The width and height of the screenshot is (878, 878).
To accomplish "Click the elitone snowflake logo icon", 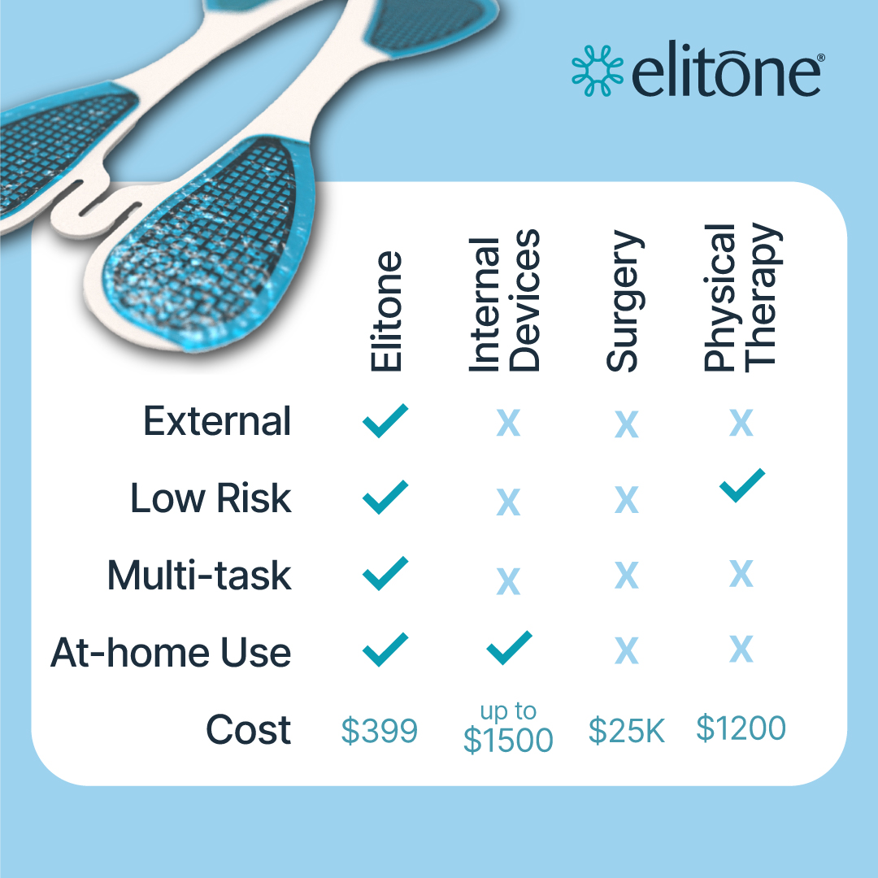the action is (x=598, y=71).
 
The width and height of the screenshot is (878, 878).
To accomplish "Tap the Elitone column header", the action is (x=386, y=311).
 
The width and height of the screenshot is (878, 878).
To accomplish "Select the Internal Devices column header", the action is (x=504, y=300).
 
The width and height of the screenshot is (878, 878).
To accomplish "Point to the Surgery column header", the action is (x=625, y=301).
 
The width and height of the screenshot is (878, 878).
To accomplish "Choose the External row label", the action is (x=217, y=421).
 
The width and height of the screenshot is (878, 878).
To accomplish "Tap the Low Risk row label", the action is (x=211, y=498).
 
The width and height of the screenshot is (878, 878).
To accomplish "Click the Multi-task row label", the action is (x=199, y=575).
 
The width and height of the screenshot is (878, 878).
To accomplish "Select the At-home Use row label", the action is (x=171, y=652).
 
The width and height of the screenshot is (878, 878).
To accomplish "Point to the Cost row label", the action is (x=249, y=729).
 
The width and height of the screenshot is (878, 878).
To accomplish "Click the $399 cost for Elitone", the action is (x=380, y=731).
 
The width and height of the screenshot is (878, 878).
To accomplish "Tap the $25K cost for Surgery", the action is (x=627, y=731).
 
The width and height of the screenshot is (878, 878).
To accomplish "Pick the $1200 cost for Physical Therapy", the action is (x=741, y=728).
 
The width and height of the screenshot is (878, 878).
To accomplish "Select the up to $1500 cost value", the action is (x=508, y=728).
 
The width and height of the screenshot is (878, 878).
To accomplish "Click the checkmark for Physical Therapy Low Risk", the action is (x=742, y=485).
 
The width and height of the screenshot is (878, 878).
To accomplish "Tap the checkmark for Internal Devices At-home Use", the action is (x=509, y=648).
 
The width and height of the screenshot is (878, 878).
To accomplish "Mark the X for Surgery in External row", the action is (x=627, y=424).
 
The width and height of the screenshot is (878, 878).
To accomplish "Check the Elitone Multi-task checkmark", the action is (x=385, y=573).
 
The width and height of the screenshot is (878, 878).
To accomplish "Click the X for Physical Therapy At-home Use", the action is (x=741, y=650).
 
